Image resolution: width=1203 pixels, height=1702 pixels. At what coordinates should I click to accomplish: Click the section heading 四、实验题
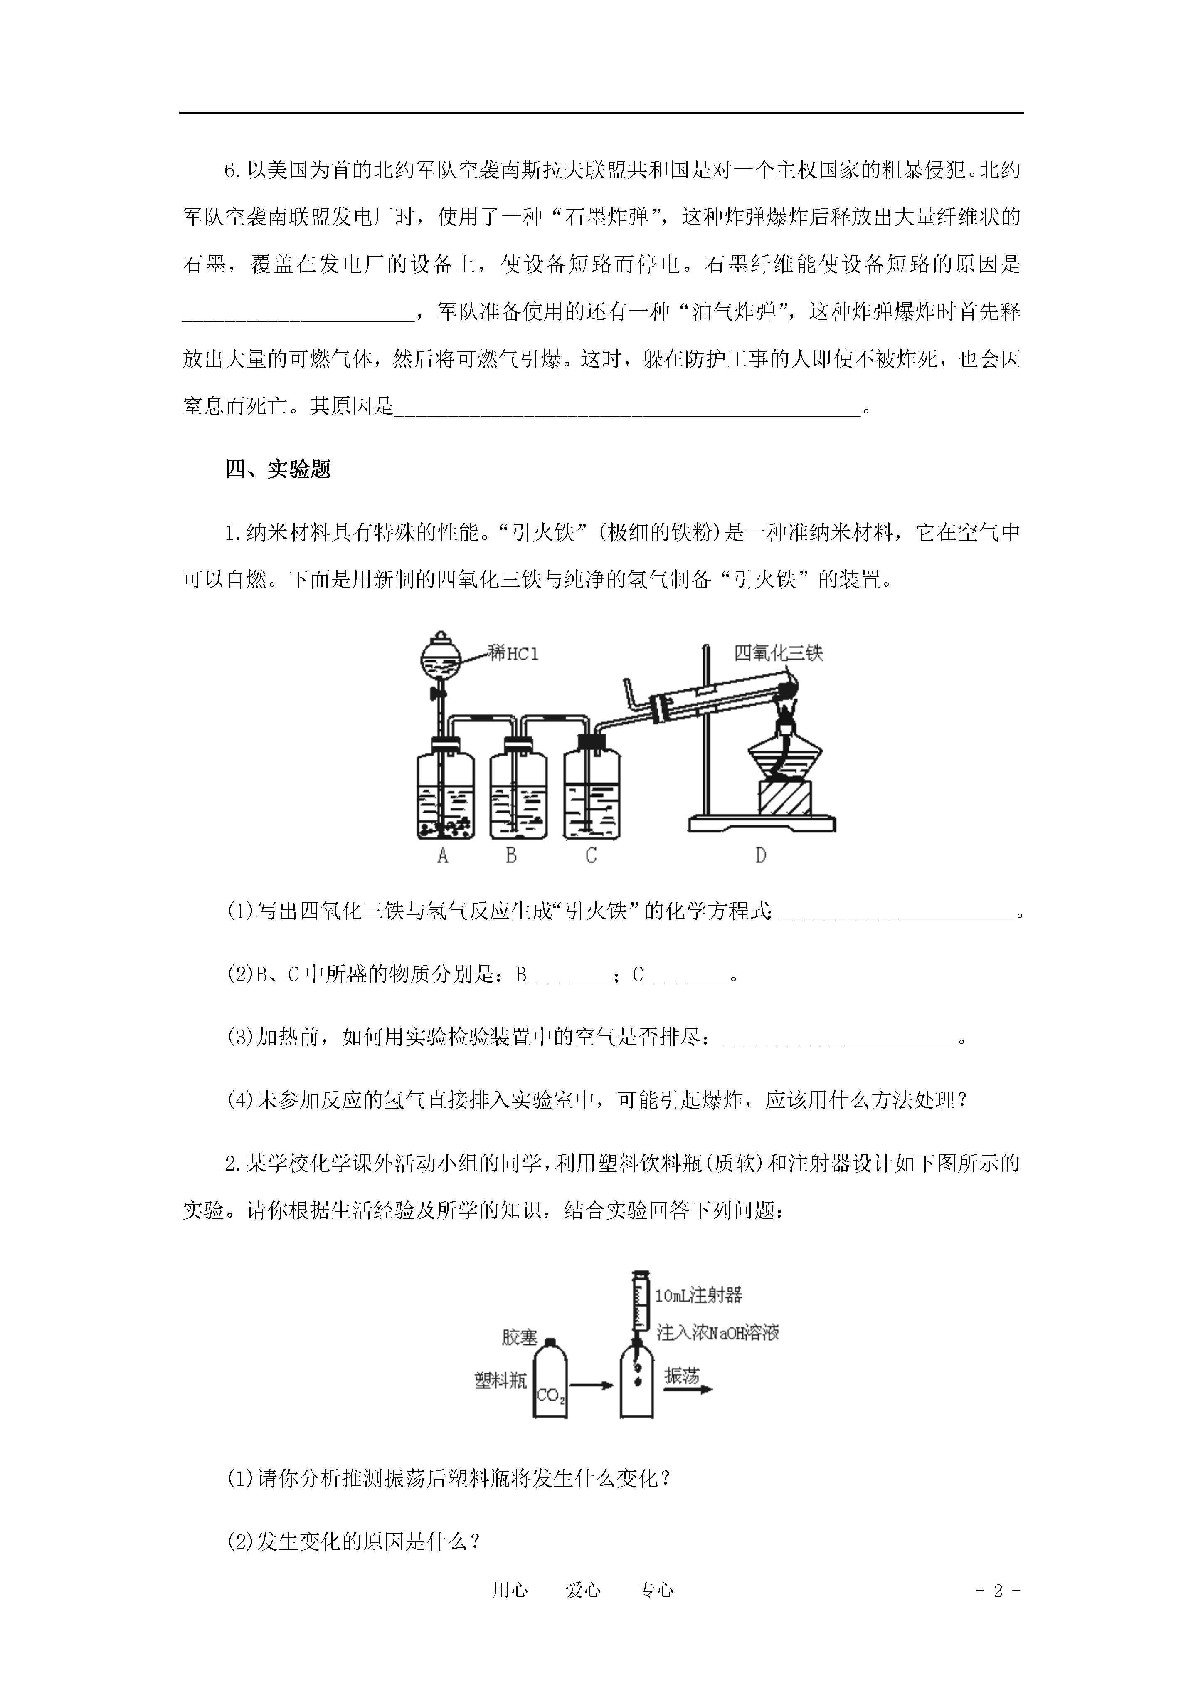click(278, 469)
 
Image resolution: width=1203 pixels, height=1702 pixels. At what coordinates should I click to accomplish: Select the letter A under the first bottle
click(443, 855)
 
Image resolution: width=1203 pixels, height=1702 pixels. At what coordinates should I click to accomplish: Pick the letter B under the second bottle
click(511, 855)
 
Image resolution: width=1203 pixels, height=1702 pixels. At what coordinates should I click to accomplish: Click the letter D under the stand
click(760, 855)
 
